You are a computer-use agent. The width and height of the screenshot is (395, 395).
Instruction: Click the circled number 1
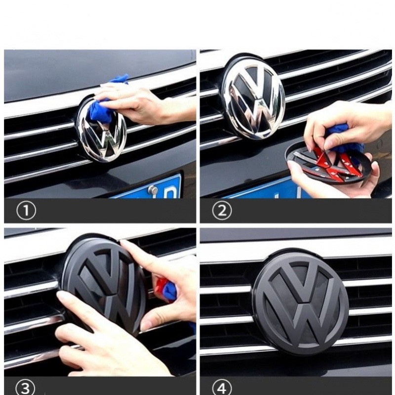tap(26, 210)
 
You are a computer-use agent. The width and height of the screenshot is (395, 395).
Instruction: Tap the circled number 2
tap(222, 210)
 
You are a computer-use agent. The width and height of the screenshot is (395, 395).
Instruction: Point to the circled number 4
tap(221, 388)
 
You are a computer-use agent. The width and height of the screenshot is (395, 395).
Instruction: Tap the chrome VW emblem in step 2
tap(254, 99)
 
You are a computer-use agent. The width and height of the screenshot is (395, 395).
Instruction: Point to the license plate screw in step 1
tap(152, 189)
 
